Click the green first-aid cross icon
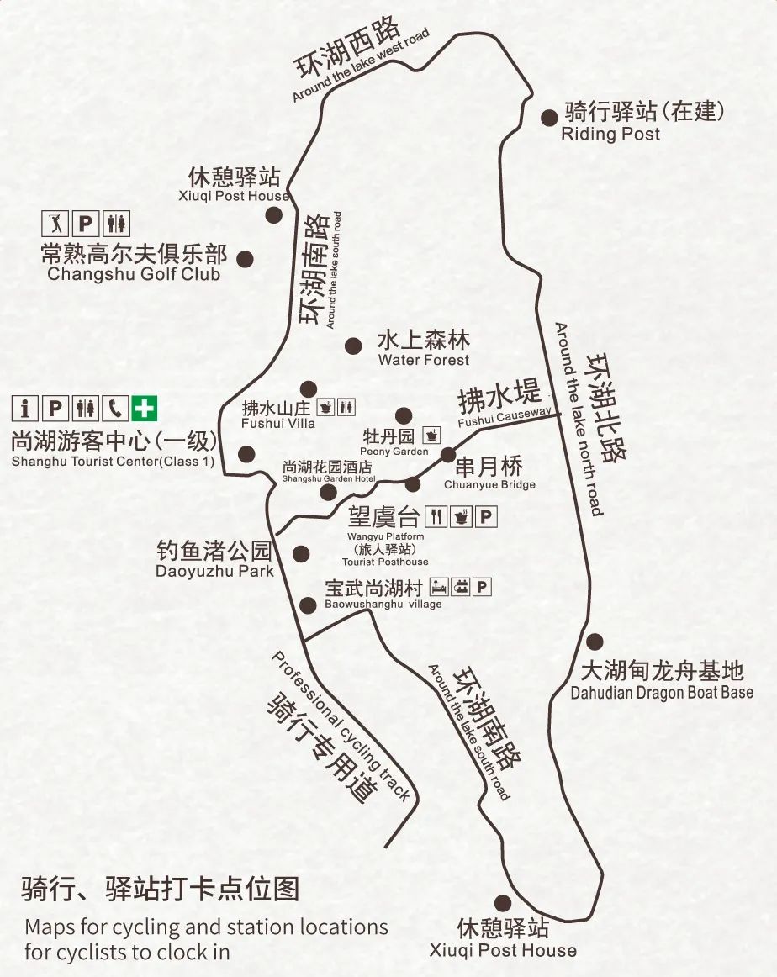tap(145, 409)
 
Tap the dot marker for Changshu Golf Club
tap(245, 259)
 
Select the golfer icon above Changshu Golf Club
tap(55, 224)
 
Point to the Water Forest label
tap(423, 349)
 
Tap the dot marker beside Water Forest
tap(353, 345)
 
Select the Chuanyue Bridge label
tap(489, 474)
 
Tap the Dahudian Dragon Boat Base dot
tap(595, 642)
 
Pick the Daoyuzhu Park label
tap(214, 561)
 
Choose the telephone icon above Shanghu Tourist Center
tap(114, 409)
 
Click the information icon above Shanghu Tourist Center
tap(25, 409)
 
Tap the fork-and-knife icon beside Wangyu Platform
tap(436, 516)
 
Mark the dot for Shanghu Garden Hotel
tap(328, 492)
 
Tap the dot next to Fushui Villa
tap(309, 388)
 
